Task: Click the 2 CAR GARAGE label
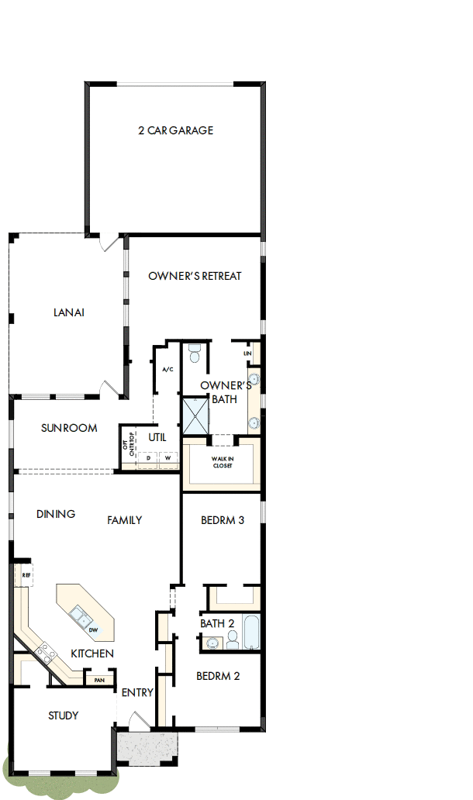(175, 130)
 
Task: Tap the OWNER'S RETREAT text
(195, 276)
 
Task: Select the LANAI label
(68, 313)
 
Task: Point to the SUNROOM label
(69, 428)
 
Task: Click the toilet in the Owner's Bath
(195, 353)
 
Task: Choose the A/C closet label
(166, 369)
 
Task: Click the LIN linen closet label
(248, 353)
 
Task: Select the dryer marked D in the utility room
(148, 459)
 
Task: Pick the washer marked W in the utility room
(167, 459)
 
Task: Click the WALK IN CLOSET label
(223, 462)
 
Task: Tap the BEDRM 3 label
(223, 520)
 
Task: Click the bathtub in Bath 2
(251, 632)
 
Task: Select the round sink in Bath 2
(211, 642)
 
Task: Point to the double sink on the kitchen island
(79, 617)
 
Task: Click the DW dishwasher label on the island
(93, 629)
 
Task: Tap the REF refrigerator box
(25, 575)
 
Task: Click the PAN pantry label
(99, 681)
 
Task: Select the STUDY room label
(63, 716)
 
